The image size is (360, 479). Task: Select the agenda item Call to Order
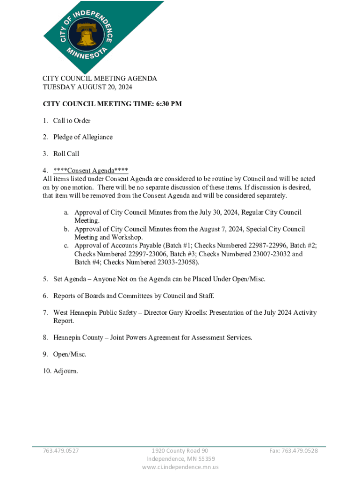[x=72, y=121]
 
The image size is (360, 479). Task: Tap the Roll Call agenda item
[x=66, y=153]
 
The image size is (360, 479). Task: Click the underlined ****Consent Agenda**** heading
[x=91, y=170]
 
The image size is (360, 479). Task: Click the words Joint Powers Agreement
[x=147, y=337]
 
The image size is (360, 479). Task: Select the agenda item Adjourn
[x=66, y=371]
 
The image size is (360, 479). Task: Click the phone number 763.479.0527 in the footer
[x=61, y=450]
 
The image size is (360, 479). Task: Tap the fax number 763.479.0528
[x=294, y=450]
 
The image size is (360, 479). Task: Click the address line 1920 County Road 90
[x=180, y=450]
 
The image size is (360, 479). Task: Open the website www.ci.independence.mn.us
[x=180, y=467]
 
